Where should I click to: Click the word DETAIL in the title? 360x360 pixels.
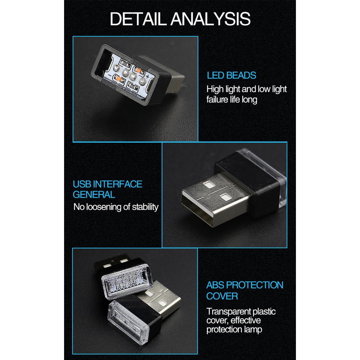(x=139, y=19)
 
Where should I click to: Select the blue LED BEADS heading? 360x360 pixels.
(x=231, y=76)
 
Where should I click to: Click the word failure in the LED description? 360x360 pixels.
(x=217, y=99)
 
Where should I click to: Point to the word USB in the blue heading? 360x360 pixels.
(x=82, y=184)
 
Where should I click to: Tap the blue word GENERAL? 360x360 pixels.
(x=94, y=195)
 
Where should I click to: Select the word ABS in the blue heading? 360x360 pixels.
(x=216, y=285)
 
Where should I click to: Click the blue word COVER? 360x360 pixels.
(x=222, y=296)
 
